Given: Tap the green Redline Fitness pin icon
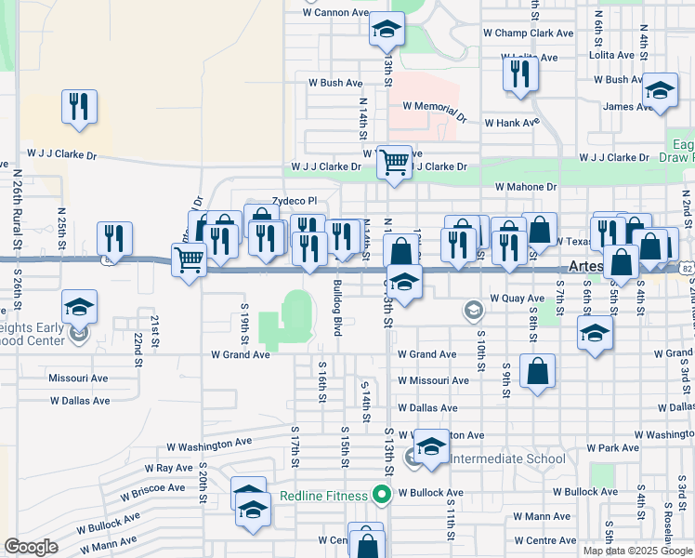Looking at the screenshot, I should click(380, 495).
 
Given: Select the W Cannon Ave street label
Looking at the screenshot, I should click(335, 13).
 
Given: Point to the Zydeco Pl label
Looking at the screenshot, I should click(295, 201).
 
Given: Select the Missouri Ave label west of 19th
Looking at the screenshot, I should click(79, 379).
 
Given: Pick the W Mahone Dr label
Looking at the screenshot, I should click(526, 187).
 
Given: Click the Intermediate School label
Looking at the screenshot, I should click(507, 458).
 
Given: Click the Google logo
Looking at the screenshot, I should click(32, 547).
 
